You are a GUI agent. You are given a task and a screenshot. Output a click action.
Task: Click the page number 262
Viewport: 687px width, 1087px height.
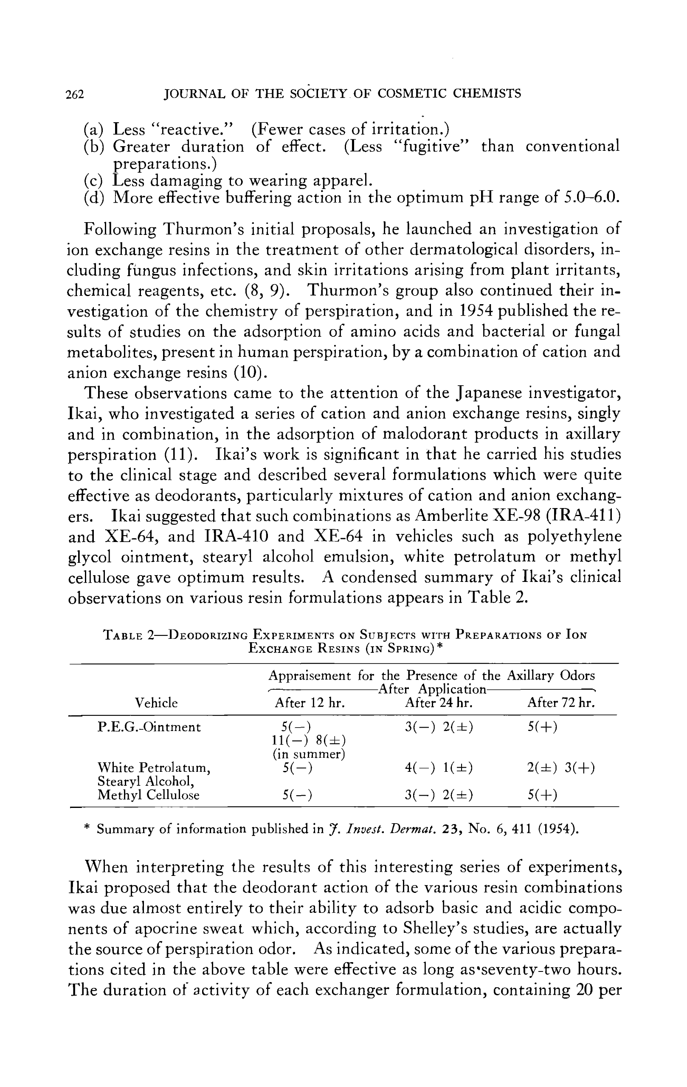[x=75, y=94]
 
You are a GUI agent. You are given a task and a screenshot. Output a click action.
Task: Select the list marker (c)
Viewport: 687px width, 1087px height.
[x=93, y=181]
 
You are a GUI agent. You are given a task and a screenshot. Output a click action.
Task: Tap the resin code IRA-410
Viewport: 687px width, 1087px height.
[x=237, y=536]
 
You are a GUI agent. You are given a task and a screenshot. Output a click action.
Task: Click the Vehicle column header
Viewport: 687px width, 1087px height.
[x=157, y=703]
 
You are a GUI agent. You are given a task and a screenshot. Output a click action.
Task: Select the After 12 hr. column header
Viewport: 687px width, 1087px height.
[x=310, y=703]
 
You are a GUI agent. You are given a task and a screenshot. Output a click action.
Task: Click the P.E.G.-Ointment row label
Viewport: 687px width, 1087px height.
[x=149, y=727]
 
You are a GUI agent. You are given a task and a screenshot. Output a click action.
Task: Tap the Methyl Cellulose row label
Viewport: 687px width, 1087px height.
[x=149, y=795]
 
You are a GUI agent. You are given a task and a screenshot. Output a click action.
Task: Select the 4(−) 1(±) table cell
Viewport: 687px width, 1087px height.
[x=439, y=768]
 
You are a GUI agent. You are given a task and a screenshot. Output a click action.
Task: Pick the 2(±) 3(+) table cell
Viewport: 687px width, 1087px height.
[x=561, y=768]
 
